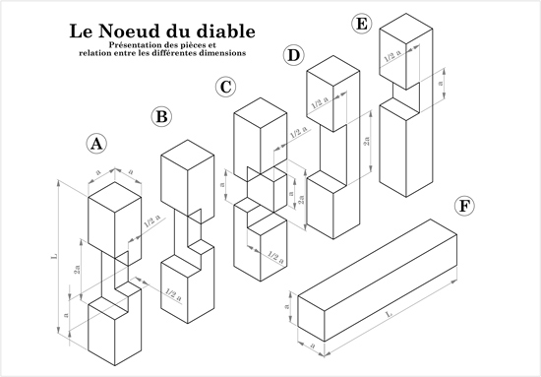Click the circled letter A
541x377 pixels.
pos(96,144)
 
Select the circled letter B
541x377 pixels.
pos(161,117)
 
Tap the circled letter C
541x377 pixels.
pos(225,87)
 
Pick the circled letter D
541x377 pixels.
pos(294,55)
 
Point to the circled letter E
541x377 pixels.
pos(361,25)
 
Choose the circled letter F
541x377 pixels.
pos(464,207)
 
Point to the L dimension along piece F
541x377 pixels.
pos(390,315)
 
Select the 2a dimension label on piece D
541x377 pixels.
pos(367,141)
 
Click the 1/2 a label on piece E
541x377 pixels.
pos(393,56)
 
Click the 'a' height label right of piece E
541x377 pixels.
pos(440,85)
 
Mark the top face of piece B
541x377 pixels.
pos(187,155)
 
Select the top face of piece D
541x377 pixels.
pos(332,71)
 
